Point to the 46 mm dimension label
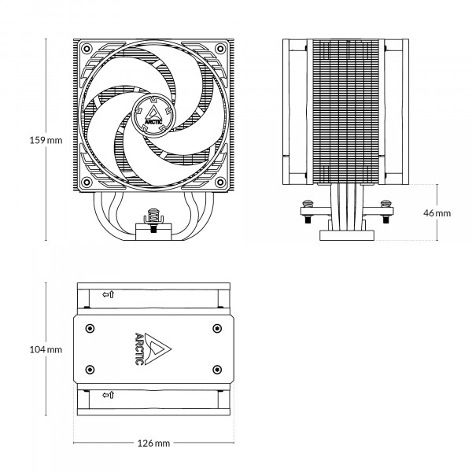[x=437, y=213]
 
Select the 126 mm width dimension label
[x=153, y=444]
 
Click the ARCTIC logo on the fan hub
[x=154, y=115]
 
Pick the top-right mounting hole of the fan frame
[x=220, y=49]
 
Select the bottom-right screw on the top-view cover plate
[x=216, y=367]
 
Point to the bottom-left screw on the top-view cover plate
[x=90, y=367]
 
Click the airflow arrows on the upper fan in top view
[x=108, y=294]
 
